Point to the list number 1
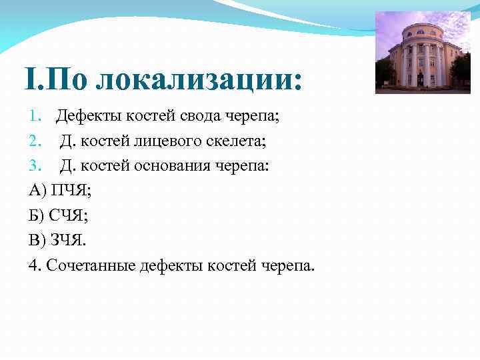34,117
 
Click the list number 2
34,141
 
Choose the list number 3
34,166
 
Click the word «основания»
171,166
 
